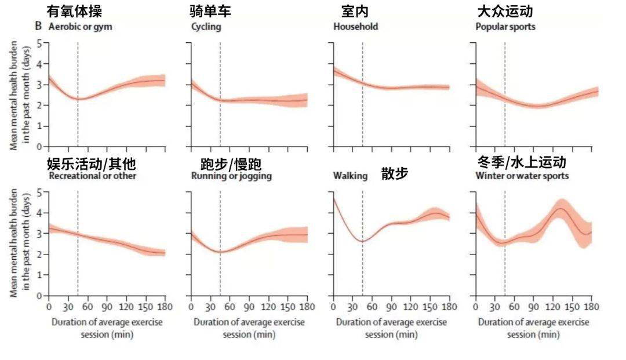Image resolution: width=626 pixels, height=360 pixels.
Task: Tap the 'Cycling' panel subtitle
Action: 206,27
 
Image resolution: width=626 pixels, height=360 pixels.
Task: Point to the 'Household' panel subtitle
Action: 355,27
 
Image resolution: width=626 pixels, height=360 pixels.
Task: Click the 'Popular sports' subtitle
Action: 505,27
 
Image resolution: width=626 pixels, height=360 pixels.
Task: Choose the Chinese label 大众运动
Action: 505,11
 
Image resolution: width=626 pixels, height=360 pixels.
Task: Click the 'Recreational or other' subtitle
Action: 93,176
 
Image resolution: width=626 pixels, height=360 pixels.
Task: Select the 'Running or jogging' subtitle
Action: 231,176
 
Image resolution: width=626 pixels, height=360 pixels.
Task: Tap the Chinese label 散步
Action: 395,173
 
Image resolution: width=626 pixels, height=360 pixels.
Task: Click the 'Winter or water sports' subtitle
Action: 522,176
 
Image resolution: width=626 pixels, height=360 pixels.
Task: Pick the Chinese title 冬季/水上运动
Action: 521,161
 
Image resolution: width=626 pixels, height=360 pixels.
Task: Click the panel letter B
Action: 39,26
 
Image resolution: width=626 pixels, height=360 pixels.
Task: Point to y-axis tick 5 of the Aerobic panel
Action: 39,43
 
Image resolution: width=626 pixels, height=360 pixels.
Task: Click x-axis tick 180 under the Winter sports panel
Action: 591,306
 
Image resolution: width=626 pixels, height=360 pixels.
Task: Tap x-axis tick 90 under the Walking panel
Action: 392,306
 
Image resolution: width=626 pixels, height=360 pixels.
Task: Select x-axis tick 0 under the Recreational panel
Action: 49,306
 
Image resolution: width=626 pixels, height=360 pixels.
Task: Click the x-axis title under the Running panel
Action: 249,328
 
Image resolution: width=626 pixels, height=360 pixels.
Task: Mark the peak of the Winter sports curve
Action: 560,208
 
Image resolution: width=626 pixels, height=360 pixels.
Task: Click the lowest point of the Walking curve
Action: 362,241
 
